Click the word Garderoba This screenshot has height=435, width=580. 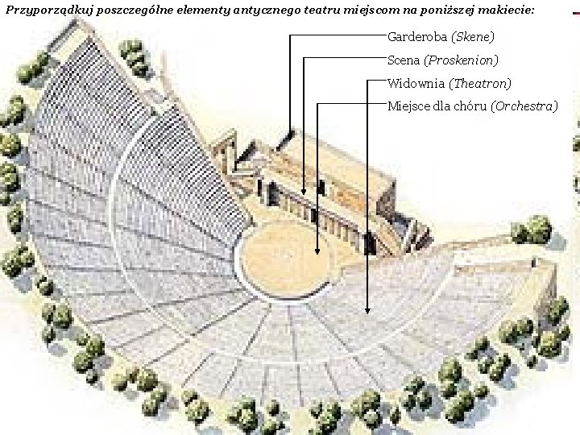click(417, 37)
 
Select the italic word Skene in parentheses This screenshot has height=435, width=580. click(473, 37)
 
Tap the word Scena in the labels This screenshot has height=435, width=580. click(404, 60)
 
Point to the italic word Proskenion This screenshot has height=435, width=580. click(462, 60)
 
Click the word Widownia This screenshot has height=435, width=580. click(416, 83)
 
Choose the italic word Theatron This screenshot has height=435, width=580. click(480, 84)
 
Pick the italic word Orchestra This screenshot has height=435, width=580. click(524, 106)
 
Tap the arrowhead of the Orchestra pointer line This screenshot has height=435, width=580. click(317, 252)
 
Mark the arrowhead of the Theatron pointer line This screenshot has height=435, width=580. click(367, 311)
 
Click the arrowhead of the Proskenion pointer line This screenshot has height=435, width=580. click(304, 192)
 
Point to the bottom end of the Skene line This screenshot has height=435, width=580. click(290, 130)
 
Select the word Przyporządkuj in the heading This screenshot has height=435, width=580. click(49, 10)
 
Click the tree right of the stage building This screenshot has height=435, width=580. click(531, 230)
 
